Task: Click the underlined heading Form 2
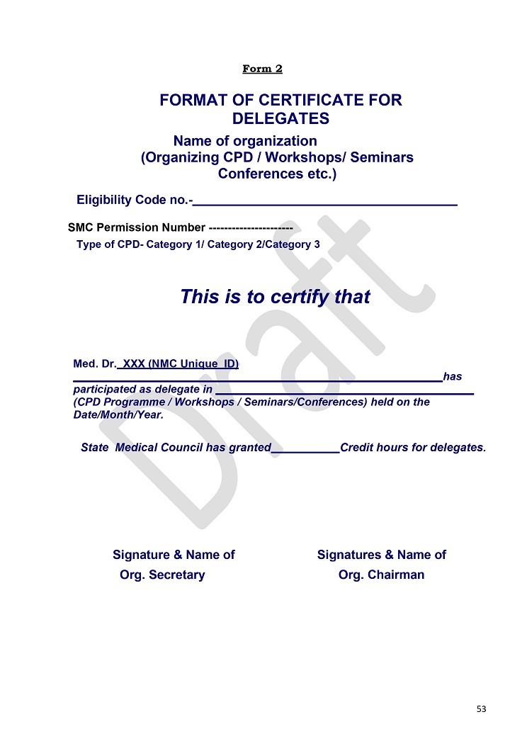tap(262, 69)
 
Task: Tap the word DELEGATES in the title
tap(280, 119)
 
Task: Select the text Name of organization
tap(245, 141)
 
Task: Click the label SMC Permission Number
tap(136, 228)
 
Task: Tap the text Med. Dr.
tap(94, 364)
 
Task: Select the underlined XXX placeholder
tap(134, 364)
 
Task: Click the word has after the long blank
tap(452, 377)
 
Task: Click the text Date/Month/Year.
tap(118, 414)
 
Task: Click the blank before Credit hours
tap(305, 448)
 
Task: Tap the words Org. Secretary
tap(162, 575)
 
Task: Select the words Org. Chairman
tap(381, 575)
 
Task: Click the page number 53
tap(482, 708)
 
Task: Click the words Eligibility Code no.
tap(132, 200)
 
